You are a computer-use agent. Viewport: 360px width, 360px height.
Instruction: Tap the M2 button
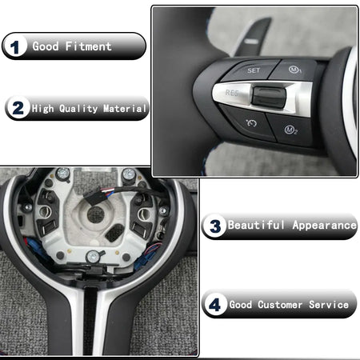point(290,130)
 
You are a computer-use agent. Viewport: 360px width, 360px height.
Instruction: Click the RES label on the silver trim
point(232,93)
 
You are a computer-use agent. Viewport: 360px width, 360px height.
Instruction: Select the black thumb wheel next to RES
point(269,97)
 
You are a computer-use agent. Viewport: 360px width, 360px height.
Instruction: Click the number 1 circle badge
point(15,46)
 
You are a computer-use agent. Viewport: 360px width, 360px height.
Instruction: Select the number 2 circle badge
point(18,108)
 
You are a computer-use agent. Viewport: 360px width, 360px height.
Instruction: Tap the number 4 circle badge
point(214,304)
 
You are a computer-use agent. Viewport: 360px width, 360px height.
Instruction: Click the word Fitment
point(88,46)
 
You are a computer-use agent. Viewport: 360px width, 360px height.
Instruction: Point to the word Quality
point(78,109)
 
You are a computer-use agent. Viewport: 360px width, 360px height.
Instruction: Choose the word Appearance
point(324,226)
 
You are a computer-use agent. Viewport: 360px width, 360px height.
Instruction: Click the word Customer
point(280,305)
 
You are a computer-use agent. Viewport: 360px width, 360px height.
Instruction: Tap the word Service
point(329,305)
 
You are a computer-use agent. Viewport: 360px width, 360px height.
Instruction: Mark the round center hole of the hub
point(95,214)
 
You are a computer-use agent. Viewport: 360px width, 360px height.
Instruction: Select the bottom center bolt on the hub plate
point(94,257)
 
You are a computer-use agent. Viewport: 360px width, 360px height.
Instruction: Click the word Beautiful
point(256,225)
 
